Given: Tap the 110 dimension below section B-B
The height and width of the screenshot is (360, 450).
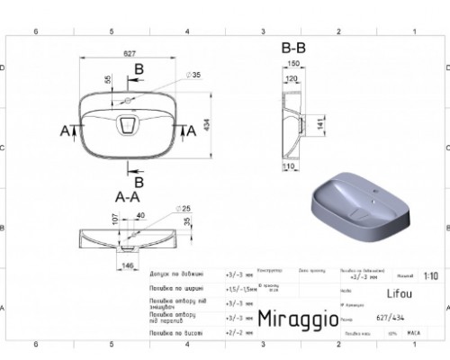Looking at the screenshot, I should pyautogui.click(x=290, y=168).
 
